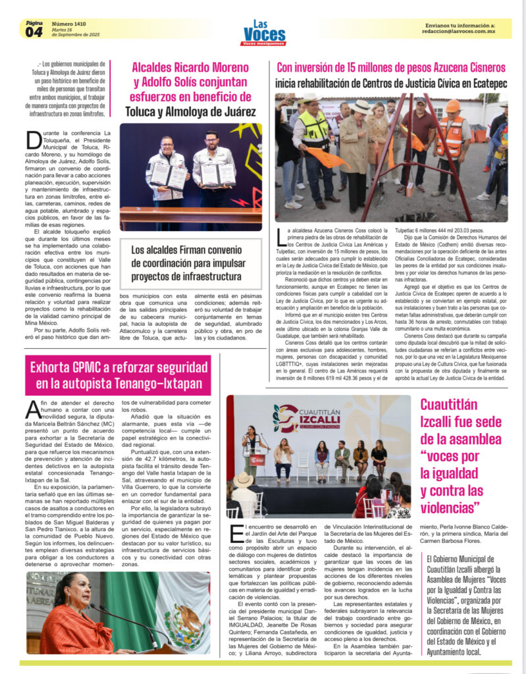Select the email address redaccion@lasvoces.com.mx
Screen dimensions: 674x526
[x=460, y=32]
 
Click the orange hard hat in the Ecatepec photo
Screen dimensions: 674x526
[x=452, y=106]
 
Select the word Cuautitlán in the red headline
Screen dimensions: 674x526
[x=454, y=404]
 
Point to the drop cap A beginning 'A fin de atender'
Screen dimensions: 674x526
[x=34, y=409]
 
